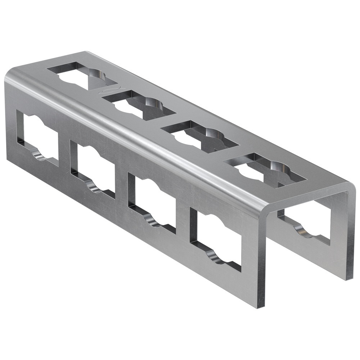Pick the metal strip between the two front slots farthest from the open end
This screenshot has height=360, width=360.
(64, 153)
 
